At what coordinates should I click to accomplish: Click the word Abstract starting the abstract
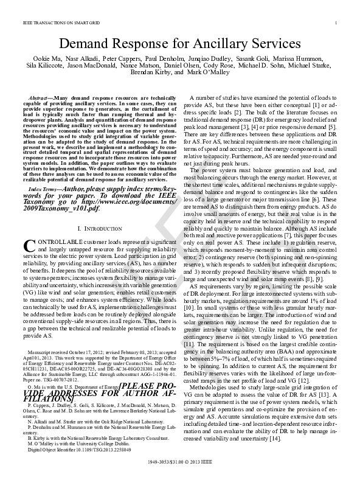click(47, 98)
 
